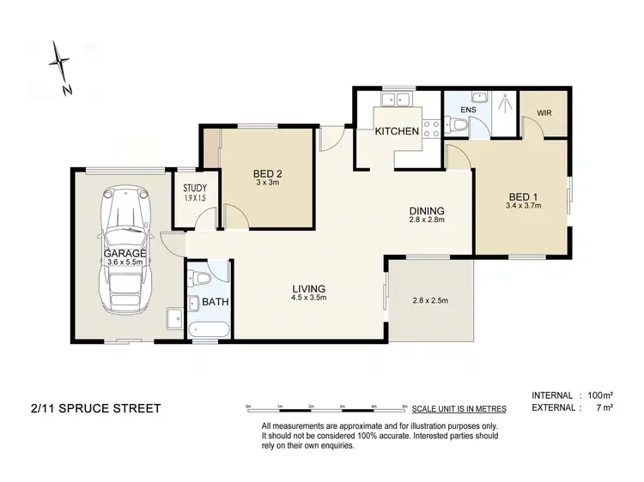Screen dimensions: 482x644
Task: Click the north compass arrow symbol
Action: [x=59, y=63]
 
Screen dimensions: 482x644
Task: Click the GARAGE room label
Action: [x=125, y=255]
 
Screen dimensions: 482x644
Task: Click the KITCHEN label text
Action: [x=397, y=131]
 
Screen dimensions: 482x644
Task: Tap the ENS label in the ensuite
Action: [x=468, y=111]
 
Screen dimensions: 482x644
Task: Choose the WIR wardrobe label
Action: [x=544, y=112]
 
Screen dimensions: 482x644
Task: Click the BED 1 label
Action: [x=523, y=196]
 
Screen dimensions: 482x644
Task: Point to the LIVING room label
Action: [x=311, y=288]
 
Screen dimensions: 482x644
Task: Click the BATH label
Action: [x=210, y=302]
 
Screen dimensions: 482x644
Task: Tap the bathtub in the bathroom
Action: [x=208, y=328]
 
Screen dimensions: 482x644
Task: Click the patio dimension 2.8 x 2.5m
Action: [x=430, y=300]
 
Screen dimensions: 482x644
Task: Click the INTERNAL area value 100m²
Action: [x=597, y=395]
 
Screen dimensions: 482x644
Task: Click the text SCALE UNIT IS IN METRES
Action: [x=459, y=409]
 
